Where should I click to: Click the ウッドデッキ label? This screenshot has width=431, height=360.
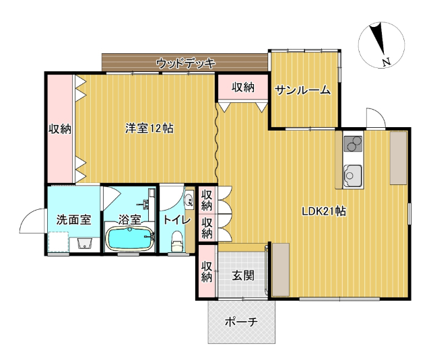tap(185, 63)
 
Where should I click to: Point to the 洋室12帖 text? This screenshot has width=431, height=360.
tap(149, 128)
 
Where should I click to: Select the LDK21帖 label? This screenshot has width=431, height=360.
tap(323, 211)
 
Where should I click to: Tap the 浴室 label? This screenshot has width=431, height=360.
tap(129, 219)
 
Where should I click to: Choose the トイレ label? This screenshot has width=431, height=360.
tap(176, 219)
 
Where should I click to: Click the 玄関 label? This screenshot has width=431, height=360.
tap(243, 275)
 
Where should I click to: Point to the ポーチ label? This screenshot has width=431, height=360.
tap(241, 322)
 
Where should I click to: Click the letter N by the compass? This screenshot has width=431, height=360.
tap(387, 63)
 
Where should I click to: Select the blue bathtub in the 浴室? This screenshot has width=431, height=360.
tap(130, 239)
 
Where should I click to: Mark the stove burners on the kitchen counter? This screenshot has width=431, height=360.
tap(352, 143)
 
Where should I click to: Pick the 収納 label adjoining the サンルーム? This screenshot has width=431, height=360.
tap(243, 87)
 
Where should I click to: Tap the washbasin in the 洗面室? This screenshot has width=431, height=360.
tap(84, 243)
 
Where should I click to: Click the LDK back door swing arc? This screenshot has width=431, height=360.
tap(374, 118)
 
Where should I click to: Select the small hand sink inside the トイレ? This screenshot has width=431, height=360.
tap(189, 198)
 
